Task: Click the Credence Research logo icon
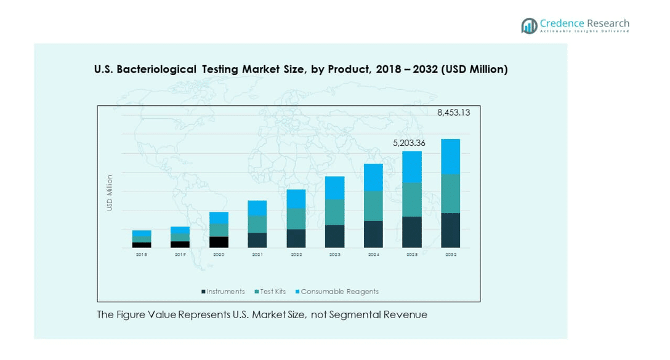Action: pos(529,25)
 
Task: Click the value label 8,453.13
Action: pos(454,113)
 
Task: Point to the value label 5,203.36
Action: pos(409,143)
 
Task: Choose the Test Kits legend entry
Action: pos(272,292)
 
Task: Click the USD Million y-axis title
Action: pos(110,193)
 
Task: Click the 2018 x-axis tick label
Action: pos(142,254)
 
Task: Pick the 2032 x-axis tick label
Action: pos(451,254)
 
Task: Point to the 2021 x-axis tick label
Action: pos(257,254)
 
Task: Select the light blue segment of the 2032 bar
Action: pos(451,157)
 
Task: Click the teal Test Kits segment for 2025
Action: pos(412,199)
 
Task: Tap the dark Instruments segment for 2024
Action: pos(373,234)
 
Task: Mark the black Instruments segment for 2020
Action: pos(219,242)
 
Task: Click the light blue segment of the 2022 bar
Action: pos(296,199)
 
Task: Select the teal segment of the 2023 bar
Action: pos(334,212)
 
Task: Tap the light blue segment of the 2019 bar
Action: pos(180,230)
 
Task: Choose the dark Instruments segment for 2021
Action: pos(257,240)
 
